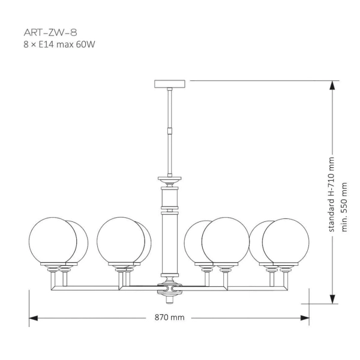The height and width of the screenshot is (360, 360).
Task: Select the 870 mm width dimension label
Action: [x=169, y=317]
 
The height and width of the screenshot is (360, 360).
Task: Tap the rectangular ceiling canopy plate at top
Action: [x=171, y=83]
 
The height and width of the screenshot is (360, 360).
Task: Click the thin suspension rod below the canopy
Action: [x=171, y=108]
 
